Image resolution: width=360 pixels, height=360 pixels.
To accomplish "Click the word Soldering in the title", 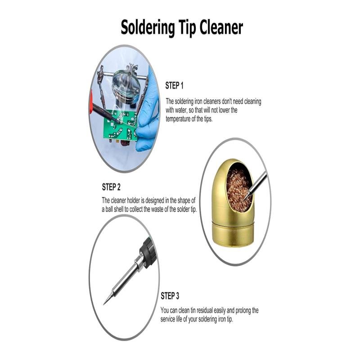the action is point(148,28).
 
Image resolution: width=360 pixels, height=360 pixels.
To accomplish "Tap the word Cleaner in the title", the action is point(221,27).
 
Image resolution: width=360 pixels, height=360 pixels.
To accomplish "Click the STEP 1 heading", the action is point(174,85).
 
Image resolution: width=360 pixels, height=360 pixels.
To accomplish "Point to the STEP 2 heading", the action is point(111,187).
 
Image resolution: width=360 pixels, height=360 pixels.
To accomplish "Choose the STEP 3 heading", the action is point(170,296).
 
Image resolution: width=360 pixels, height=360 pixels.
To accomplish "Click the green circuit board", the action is point(120,126).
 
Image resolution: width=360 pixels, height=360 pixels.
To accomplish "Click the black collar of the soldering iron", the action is point(148,252).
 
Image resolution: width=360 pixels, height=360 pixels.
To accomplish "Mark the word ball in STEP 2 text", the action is point(109,209).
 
